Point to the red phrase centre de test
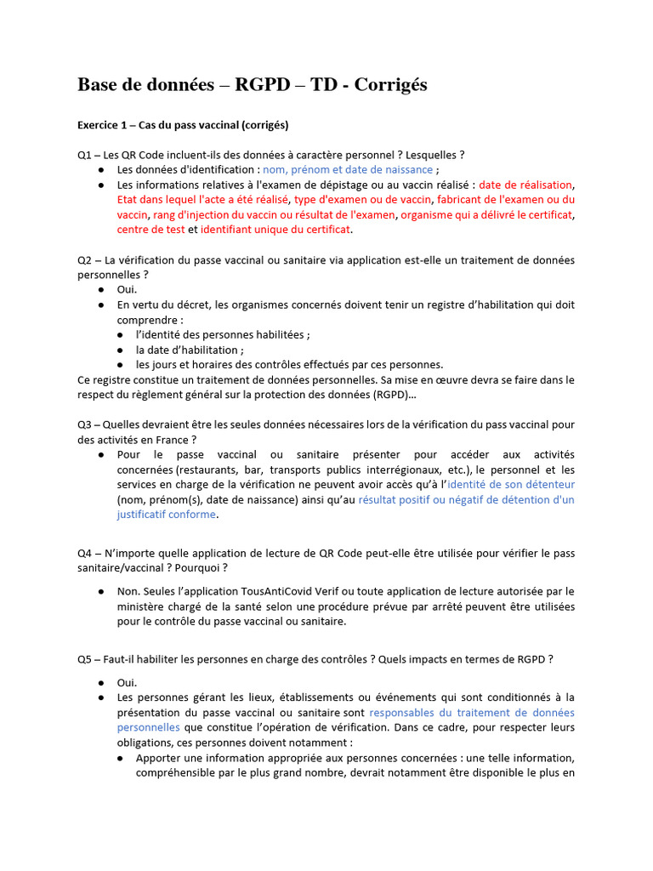(150, 230)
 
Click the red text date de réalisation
(526, 185)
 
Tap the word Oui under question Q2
(127, 289)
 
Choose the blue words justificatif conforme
(167, 515)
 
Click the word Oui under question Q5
(127, 682)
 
